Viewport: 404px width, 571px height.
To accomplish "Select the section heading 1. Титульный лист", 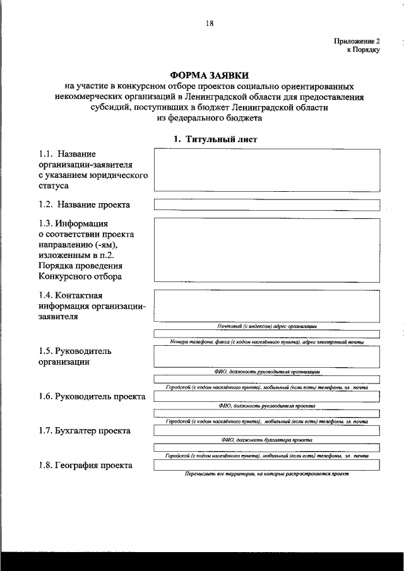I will [x=209, y=139].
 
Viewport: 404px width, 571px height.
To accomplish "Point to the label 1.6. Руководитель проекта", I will [x=92, y=396].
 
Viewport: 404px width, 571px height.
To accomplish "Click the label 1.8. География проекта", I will [x=85, y=465].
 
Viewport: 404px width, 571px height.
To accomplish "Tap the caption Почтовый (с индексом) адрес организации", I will [x=266, y=326].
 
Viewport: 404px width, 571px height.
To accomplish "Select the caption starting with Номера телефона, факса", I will [x=266, y=341].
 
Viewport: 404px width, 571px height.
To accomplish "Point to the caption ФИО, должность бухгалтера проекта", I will [x=266, y=440].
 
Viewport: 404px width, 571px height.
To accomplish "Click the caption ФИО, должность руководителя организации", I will [x=266, y=372].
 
